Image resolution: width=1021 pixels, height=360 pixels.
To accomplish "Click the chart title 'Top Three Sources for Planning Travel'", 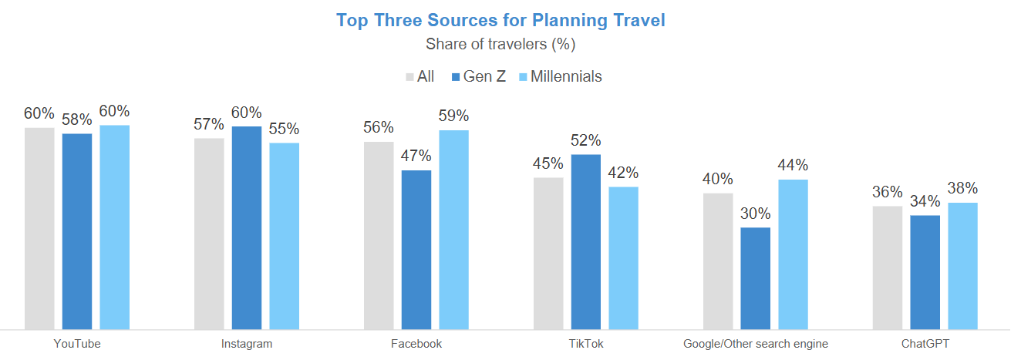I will coord(500,21).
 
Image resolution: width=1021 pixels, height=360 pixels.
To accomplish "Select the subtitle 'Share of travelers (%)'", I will coord(500,44).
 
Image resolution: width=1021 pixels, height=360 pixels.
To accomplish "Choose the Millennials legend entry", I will coord(560,76).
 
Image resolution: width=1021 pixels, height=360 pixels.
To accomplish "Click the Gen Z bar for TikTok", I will coord(586,242).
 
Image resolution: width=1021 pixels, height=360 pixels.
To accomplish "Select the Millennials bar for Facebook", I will coord(454,230).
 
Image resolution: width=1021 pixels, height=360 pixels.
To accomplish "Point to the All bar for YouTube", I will coord(39,228).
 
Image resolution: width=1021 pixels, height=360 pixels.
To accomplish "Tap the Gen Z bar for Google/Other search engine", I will coord(755,278).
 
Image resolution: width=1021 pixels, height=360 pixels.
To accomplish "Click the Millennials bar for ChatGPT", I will coord(962,266).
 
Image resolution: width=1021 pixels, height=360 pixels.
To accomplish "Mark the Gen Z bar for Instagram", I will coord(247,228).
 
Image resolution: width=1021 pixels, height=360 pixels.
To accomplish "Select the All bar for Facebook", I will coord(379,235).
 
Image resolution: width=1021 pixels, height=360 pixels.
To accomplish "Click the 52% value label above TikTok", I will coord(586,141).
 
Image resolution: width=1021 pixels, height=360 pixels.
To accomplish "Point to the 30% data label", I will coord(755,214).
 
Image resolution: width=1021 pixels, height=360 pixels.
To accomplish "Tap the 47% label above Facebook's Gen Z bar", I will coord(416,156).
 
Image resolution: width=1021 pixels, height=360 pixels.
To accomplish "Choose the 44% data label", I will coord(793,166).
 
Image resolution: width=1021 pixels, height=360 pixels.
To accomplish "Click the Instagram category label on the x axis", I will coord(247,344).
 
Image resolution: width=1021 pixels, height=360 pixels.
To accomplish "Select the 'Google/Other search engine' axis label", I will coord(756,344).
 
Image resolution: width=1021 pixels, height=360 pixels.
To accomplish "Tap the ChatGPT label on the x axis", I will coord(925,344).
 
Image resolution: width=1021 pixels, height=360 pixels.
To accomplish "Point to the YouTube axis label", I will coord(77,344).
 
